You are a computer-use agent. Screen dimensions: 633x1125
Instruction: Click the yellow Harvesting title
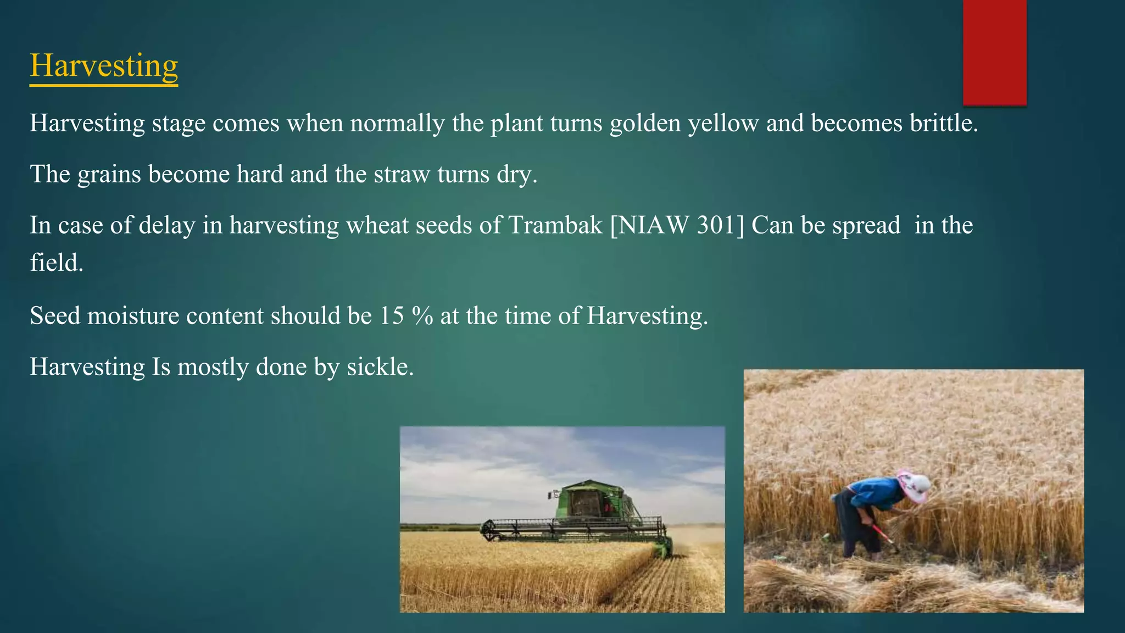coord(104,65)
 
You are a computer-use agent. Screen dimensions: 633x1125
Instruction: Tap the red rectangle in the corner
coord(994,52)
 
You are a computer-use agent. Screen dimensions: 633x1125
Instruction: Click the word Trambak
coord(555,225)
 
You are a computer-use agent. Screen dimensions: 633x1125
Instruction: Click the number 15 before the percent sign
coord(391,316)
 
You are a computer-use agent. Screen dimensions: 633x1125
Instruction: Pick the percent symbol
coord(422,316)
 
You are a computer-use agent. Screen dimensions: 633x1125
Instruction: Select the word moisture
coord(133,316)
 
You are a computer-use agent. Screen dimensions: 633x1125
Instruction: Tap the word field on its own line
coord(55,263)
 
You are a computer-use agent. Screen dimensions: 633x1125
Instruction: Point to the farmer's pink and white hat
coord(914,486)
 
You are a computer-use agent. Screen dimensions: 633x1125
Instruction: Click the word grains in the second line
coord(109,174)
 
